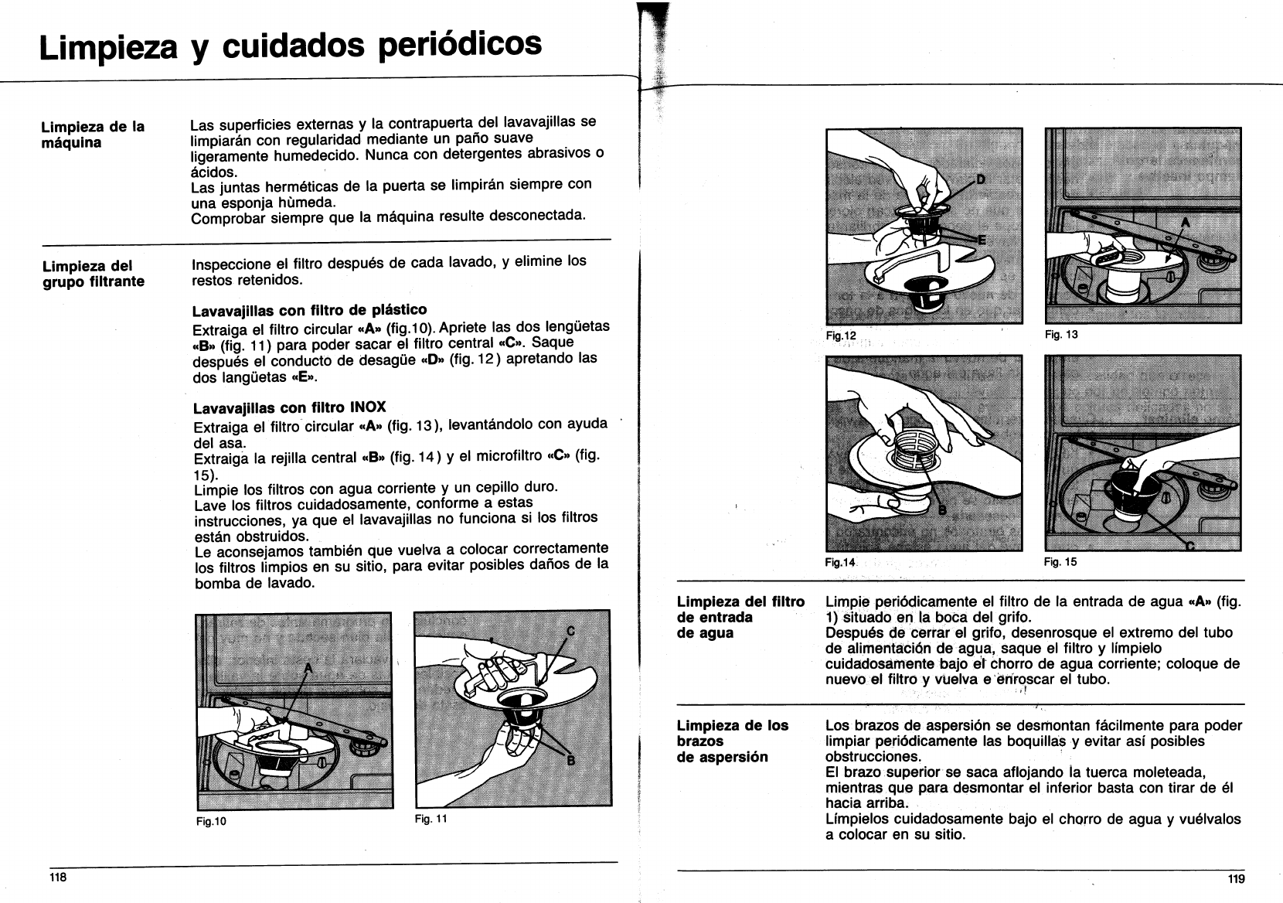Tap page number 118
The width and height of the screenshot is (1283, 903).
point(58,877)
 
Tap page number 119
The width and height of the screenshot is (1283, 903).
point(1235,878)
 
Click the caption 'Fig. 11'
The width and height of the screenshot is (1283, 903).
point(431,818)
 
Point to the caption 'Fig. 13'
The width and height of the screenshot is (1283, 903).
point(1060,335)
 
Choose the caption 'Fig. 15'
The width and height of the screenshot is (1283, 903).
point(1060,562)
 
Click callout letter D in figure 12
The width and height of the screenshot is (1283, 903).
point(982,180)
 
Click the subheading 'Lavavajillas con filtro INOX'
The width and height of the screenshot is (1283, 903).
point(289,407)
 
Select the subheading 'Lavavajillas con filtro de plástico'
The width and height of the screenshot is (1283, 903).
point(309,311)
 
